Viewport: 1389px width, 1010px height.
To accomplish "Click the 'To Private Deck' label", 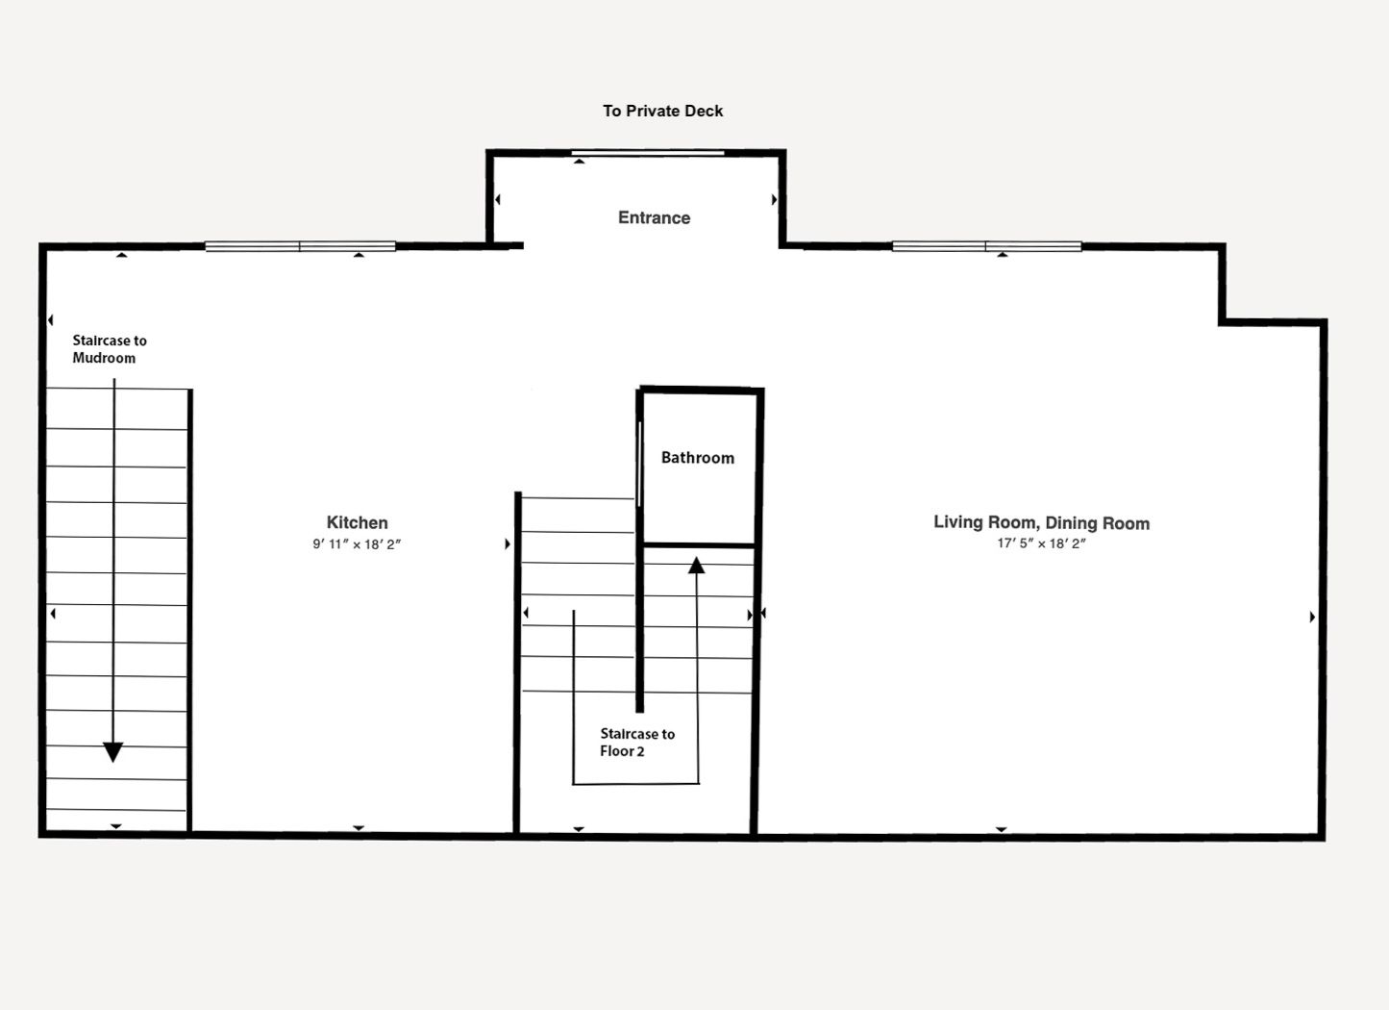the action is coord(663,111).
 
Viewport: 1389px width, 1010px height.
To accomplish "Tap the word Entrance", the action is coord(655,217).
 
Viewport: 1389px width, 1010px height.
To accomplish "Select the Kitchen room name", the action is coord(358,522).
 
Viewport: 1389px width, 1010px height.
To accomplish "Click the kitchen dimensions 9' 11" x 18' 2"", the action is coord(357,544).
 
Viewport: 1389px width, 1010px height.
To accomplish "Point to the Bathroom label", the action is coord(698,458).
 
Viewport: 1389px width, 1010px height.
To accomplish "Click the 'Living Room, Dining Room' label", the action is coord(1042,523).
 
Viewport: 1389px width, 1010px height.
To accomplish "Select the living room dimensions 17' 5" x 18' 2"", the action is coord(1042,543).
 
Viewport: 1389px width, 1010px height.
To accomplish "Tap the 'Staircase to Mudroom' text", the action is coord(110,349).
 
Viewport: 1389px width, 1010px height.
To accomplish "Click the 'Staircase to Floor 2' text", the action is coord(637,743).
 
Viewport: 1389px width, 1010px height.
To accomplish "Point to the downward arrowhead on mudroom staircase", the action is coord(112,752).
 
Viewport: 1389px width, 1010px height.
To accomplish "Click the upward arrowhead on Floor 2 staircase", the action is coord(696,566).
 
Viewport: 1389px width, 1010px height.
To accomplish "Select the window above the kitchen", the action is coord(301,246).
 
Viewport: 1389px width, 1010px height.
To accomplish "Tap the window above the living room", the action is coord(987,246).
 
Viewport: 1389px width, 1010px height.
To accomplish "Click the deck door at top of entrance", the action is coord(647,153).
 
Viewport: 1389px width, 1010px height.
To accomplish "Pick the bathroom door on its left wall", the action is coord(639,464).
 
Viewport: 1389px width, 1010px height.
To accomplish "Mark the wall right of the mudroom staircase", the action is coord(189,611).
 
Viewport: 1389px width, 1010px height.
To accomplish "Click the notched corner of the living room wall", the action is coord(1223,322).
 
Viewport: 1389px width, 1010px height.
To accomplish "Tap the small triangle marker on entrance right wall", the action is coord(774,200).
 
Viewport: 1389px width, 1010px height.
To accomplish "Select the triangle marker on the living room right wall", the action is coord(1312,617).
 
